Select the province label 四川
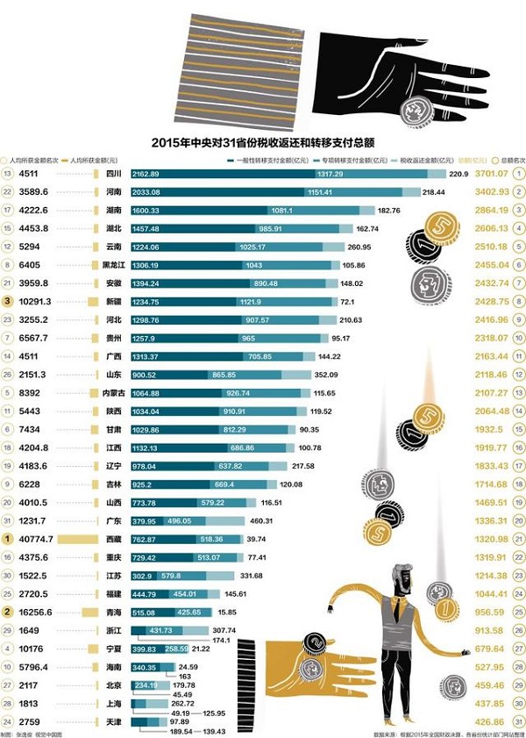(113, 175)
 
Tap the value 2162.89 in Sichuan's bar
(146, 175)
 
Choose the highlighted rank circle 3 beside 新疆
(8, 302)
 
